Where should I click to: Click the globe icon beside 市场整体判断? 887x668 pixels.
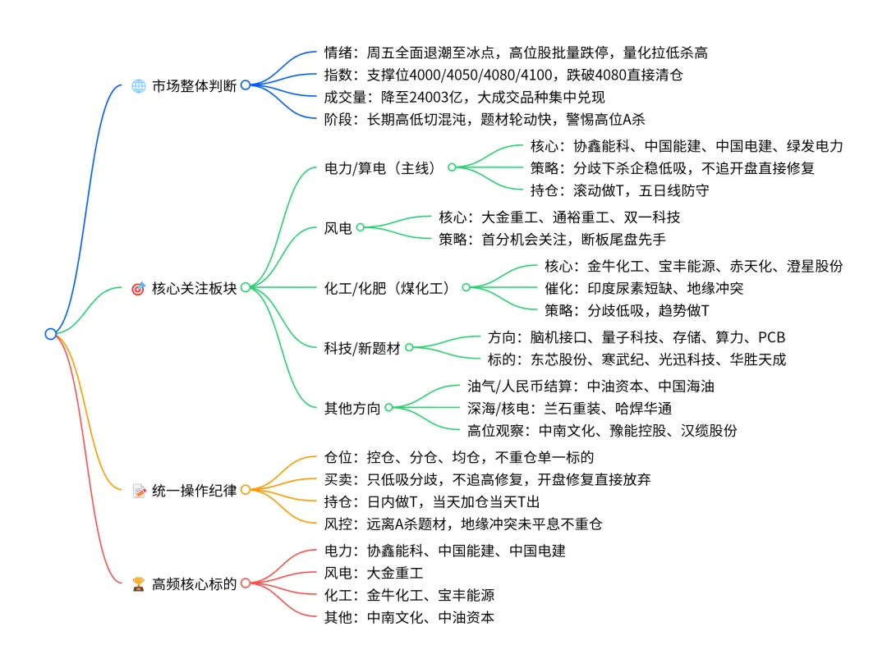pyautogui.click(x=138, y=85)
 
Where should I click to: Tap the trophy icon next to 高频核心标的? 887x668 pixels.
pyautogui.click(x=138, y=584)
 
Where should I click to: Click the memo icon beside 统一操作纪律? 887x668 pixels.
pyautogui.click(x=138, y=491)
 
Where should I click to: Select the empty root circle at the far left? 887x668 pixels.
pyautogui.click(x=51, y=333)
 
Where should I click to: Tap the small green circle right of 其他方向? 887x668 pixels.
pyautogui.click(x=388, y=407)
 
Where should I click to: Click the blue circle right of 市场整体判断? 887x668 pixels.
pyautogui.click(x=245, y=85)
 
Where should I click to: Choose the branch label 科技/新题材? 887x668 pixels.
pyautogui.click(x=362, y=348)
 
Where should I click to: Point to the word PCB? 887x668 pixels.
pyautogui.click(x=771, y=337)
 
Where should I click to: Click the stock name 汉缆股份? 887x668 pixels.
pyautogui.click(x=709, y=430)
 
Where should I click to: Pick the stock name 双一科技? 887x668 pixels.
pyautogui.click(x=650, y=217)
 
